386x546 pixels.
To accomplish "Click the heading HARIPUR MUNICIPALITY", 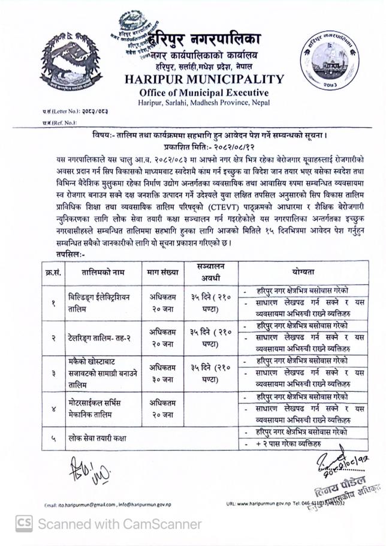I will click(x=204, y=79).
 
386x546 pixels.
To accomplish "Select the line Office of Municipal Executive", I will click(x=204, y=92).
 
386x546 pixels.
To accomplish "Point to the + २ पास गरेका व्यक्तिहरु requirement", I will click(x=287, y=444).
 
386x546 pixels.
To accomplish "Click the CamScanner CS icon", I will click(x=23, y=523).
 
